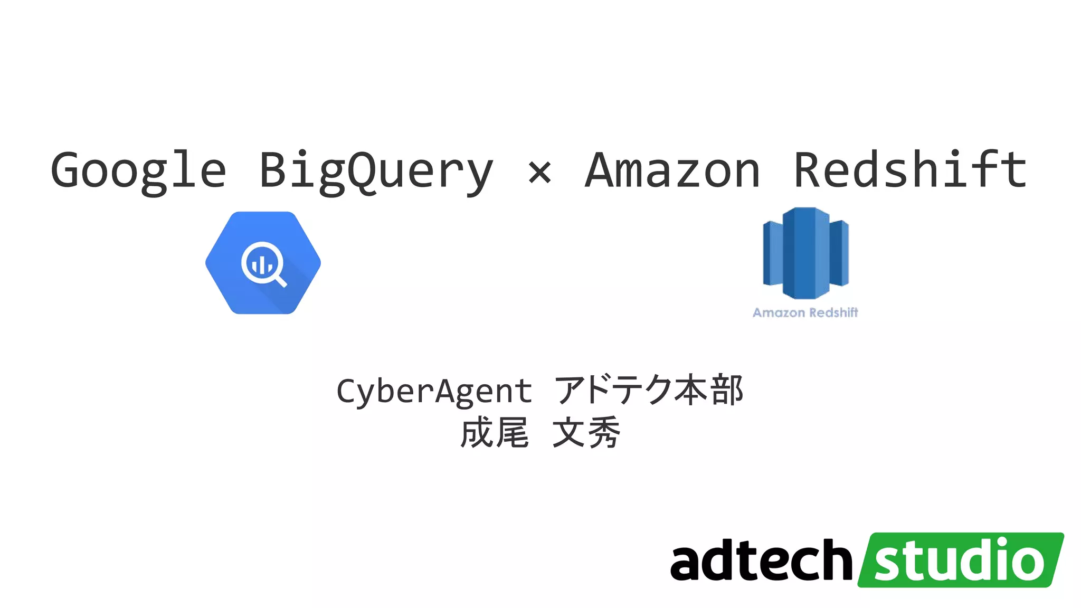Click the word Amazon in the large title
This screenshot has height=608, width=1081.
(672, 170)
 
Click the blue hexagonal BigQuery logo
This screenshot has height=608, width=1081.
(263, 263)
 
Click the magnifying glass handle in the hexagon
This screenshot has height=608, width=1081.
(281, 280)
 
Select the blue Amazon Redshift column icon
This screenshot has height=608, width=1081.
(805, 253)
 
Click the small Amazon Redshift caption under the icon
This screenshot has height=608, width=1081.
(805, 312)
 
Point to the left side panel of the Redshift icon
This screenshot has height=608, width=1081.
(773, 253)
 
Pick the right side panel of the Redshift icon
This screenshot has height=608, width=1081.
(839, 253)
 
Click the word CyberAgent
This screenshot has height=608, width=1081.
(434, 391)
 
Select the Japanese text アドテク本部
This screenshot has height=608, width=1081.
(649, 390)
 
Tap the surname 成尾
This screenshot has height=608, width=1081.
(495, 432)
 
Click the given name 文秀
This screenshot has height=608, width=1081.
(586, 432)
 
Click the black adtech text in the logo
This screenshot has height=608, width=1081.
(762, 560)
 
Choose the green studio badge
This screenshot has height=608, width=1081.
(961, 560)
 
